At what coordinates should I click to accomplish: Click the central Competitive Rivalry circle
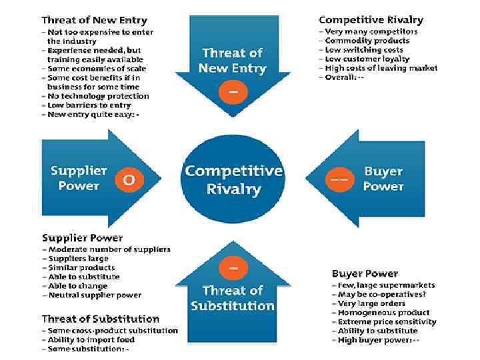[x=233, y=179]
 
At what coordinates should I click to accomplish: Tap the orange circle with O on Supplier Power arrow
[x=129, y=179]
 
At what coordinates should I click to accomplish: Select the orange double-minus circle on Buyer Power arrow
[x=339, y=179]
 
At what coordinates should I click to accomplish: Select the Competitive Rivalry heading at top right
[x=371, y=20]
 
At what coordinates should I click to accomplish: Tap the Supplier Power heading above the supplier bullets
[x=82, y=238]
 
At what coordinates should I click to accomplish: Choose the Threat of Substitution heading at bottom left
[x=101, y=319]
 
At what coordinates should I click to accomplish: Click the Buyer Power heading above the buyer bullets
[x=365, y=273]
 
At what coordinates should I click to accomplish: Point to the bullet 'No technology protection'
[x=98, y=96]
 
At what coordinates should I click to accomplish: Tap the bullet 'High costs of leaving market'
[x=381, y=68]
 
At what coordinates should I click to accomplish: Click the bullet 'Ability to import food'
[x=91, y=339]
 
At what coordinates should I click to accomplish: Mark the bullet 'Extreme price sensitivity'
[x=387, y=321]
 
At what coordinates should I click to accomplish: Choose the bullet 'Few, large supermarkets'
[x=386, y=285]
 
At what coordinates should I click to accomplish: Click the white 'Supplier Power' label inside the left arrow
[x=78, y=178]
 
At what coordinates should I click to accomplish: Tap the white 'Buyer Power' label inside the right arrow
[x=383, y=178]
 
